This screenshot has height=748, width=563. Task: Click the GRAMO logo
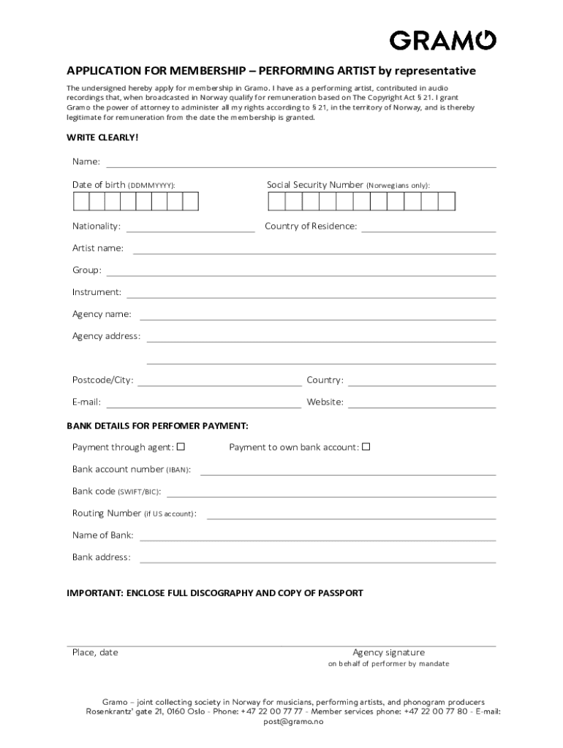pos(443,39)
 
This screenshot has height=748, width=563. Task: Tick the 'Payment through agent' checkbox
pos(181,446)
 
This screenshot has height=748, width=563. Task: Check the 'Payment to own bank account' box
pos(366,446)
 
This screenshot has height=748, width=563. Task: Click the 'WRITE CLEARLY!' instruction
pos(102,137)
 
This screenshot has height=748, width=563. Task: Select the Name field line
pos(301,166)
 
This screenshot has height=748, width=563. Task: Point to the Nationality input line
pos(190,230)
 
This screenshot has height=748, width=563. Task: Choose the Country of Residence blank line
pos(428,230)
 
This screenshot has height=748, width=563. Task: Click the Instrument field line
pos(311,297)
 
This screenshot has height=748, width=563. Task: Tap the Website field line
pos(422,406)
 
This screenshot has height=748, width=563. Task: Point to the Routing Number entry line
pos(351,518)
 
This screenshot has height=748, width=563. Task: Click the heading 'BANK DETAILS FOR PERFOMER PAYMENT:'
pos(158,425)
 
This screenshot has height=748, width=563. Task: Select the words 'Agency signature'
pos(388,652)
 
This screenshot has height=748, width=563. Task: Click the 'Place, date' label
pos(95,652)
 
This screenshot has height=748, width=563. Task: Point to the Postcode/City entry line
pos(219,384)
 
